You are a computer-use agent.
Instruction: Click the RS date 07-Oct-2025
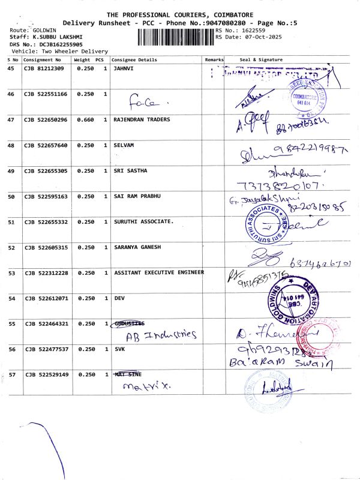pos(259,37)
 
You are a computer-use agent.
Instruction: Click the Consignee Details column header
pos(135,60)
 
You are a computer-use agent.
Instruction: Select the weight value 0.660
pos(85,120)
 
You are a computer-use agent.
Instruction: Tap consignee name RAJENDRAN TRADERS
pos(142,120)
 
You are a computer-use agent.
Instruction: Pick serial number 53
pos(11,273)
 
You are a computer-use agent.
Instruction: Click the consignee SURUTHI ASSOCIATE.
pos(143,222)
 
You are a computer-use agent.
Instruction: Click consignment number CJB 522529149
pos(46,375)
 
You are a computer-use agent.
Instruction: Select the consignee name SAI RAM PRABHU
pos(137,197)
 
